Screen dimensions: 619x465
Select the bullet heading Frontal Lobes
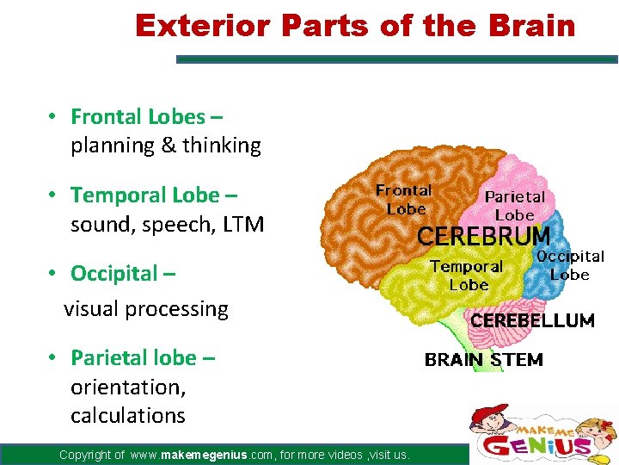[138, 116]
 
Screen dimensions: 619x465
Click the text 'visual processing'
[146, 309]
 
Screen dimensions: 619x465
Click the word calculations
[128, 415]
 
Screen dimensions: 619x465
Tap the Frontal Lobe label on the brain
[404, 200]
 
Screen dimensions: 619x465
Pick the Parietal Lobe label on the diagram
[515, 206]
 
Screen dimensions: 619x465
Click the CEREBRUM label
[483, 236]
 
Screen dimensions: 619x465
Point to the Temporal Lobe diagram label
[467, 276]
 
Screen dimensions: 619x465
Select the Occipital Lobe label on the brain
[570, 265]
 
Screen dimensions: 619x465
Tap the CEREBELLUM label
[531, 320]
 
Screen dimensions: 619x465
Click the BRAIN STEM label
[483, 360]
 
